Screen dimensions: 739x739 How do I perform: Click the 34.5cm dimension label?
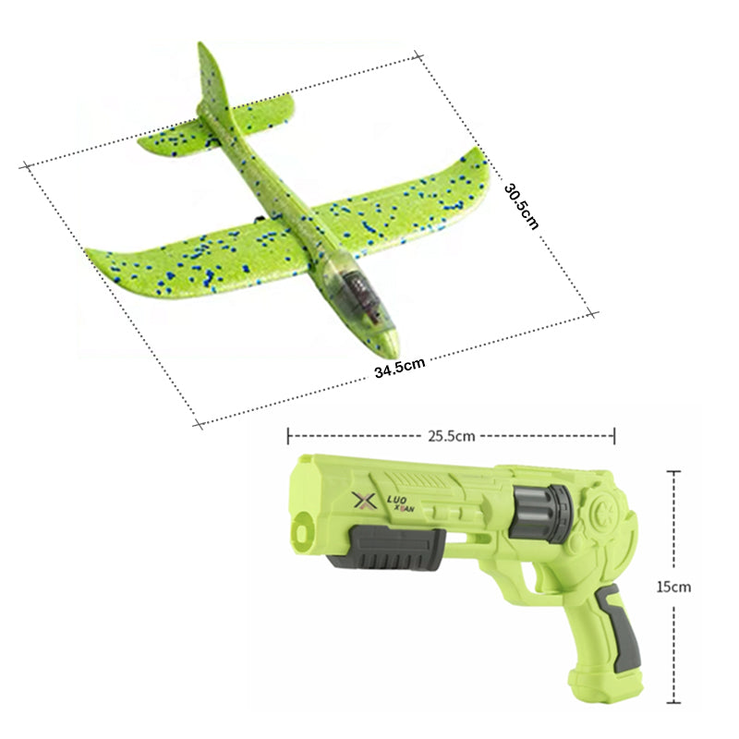400,367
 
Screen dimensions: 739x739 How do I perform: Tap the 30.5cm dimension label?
521,206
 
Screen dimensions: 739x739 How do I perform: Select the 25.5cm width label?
451,436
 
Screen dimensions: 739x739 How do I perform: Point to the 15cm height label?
673,587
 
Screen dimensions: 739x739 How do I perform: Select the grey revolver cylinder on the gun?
542,512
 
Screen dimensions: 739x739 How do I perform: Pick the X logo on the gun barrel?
364,502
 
